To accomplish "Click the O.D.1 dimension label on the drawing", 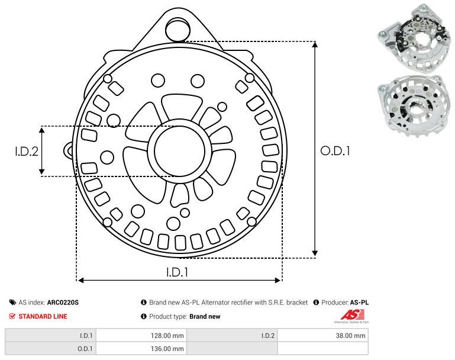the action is [x=335, y=151].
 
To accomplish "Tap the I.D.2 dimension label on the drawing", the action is [x=27, y=151].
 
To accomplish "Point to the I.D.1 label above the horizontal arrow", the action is [x=178, y=272].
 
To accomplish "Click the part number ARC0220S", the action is [x=63, y=302].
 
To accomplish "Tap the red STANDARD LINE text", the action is [x=43, y=316].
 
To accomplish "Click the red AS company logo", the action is [x=352, y=316].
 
